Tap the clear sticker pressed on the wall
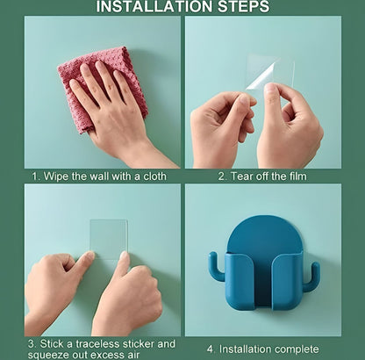109,239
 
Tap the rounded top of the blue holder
263,233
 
